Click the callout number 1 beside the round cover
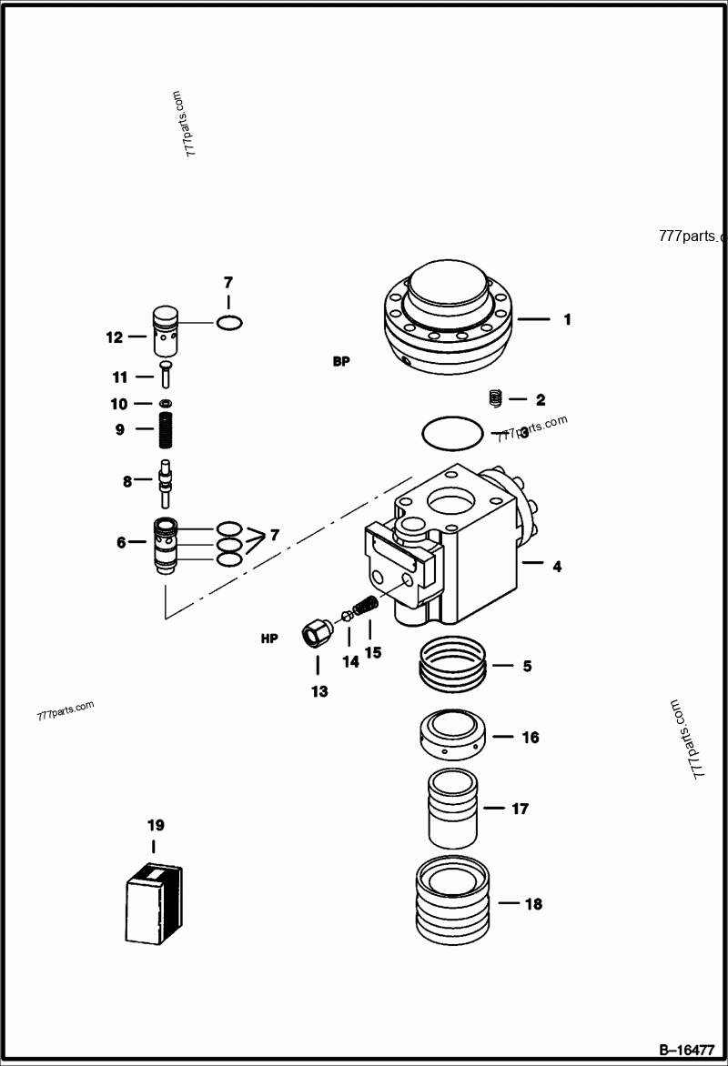pos(567,319)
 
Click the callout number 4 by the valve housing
pos(556,566)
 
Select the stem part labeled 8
pos(165,483)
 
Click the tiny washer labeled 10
pos(165,403)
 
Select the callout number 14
pos(350,662)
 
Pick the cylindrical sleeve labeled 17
pos(452,808)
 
